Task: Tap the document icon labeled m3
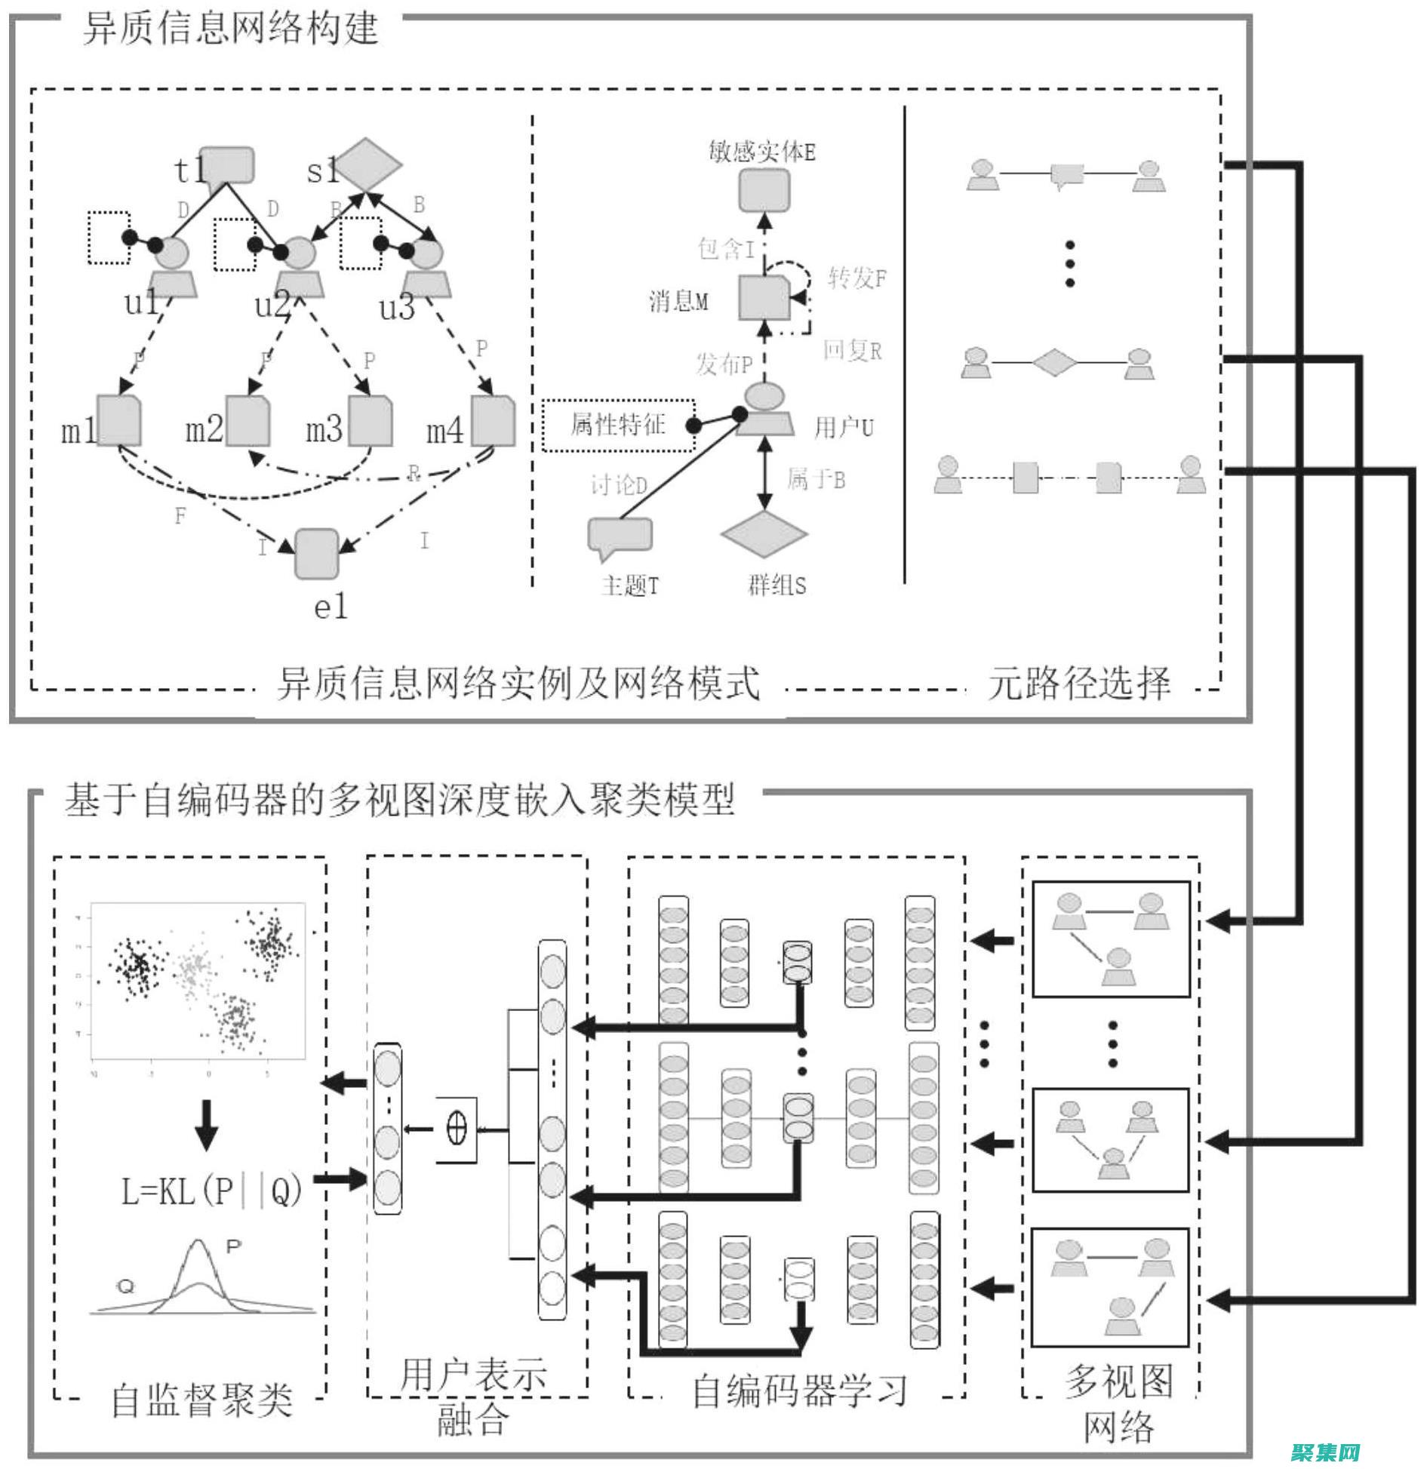[x=371, y=420]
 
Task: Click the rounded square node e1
[x=317, y=554]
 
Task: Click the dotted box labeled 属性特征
[x=618, y=426]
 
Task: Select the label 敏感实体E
[x=762, y=152]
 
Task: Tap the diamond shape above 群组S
[x=764, y=534]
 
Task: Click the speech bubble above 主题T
[x=620, y=536]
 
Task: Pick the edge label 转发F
[x=857, y=278]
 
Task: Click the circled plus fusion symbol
[x=457, y=1129]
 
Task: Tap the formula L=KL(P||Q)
[x=212, y=1191]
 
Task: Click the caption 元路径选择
[x=1079, y=684]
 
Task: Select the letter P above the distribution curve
[x=233, y=1246]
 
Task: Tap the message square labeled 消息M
[x=764, y=299]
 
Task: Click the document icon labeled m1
[x=119, y=420]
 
